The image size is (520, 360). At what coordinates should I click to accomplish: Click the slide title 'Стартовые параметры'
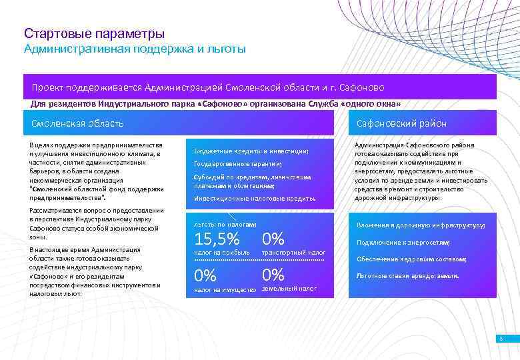(94, 33)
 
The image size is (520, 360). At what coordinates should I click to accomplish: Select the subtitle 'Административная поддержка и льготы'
(135, 49)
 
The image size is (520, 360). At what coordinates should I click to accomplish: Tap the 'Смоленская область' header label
(77, 123)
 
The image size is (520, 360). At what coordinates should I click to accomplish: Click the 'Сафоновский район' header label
(401, 123)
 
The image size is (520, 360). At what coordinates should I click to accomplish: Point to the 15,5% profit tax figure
(217, 239)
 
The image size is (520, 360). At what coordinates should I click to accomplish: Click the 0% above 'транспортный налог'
(273, 239)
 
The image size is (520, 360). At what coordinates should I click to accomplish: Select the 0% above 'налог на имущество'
(205, 275)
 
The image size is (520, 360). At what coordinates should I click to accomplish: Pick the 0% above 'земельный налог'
(273, 275)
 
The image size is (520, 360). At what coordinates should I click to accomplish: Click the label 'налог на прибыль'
(221, 253)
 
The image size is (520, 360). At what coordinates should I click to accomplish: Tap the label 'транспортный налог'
(294, 253)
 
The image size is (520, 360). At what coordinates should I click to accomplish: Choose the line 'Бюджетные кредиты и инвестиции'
(251, 151)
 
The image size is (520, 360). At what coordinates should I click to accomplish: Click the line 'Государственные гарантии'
(237, 164)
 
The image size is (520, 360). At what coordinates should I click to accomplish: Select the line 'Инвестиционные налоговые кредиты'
(255, 199)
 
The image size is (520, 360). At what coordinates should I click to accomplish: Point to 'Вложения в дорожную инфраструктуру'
(421, 225)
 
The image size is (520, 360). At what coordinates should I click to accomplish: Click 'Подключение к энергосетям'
(403, 243)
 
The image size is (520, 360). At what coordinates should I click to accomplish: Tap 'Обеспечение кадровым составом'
(411, 259)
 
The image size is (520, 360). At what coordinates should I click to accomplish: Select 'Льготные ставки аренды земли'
(407, 275)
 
